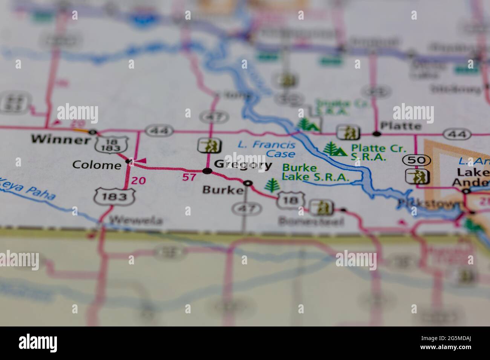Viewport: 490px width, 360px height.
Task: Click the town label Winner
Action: point(60,140)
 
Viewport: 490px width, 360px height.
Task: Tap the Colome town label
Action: point(96,165)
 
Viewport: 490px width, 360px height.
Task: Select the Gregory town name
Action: point(243,165)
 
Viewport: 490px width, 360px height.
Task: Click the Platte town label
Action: point(401,125)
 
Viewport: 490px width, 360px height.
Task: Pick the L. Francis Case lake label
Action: point(266,149)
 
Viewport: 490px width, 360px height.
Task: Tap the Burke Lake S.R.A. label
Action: point(316,173)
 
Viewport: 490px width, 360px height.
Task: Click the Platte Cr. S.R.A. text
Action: point(369,153)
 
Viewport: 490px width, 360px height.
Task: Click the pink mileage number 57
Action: point(189,177)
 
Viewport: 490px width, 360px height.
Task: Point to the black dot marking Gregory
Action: point(207,171)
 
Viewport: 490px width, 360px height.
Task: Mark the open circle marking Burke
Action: point(248,183)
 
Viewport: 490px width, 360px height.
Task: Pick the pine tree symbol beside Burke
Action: point(270,186)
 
